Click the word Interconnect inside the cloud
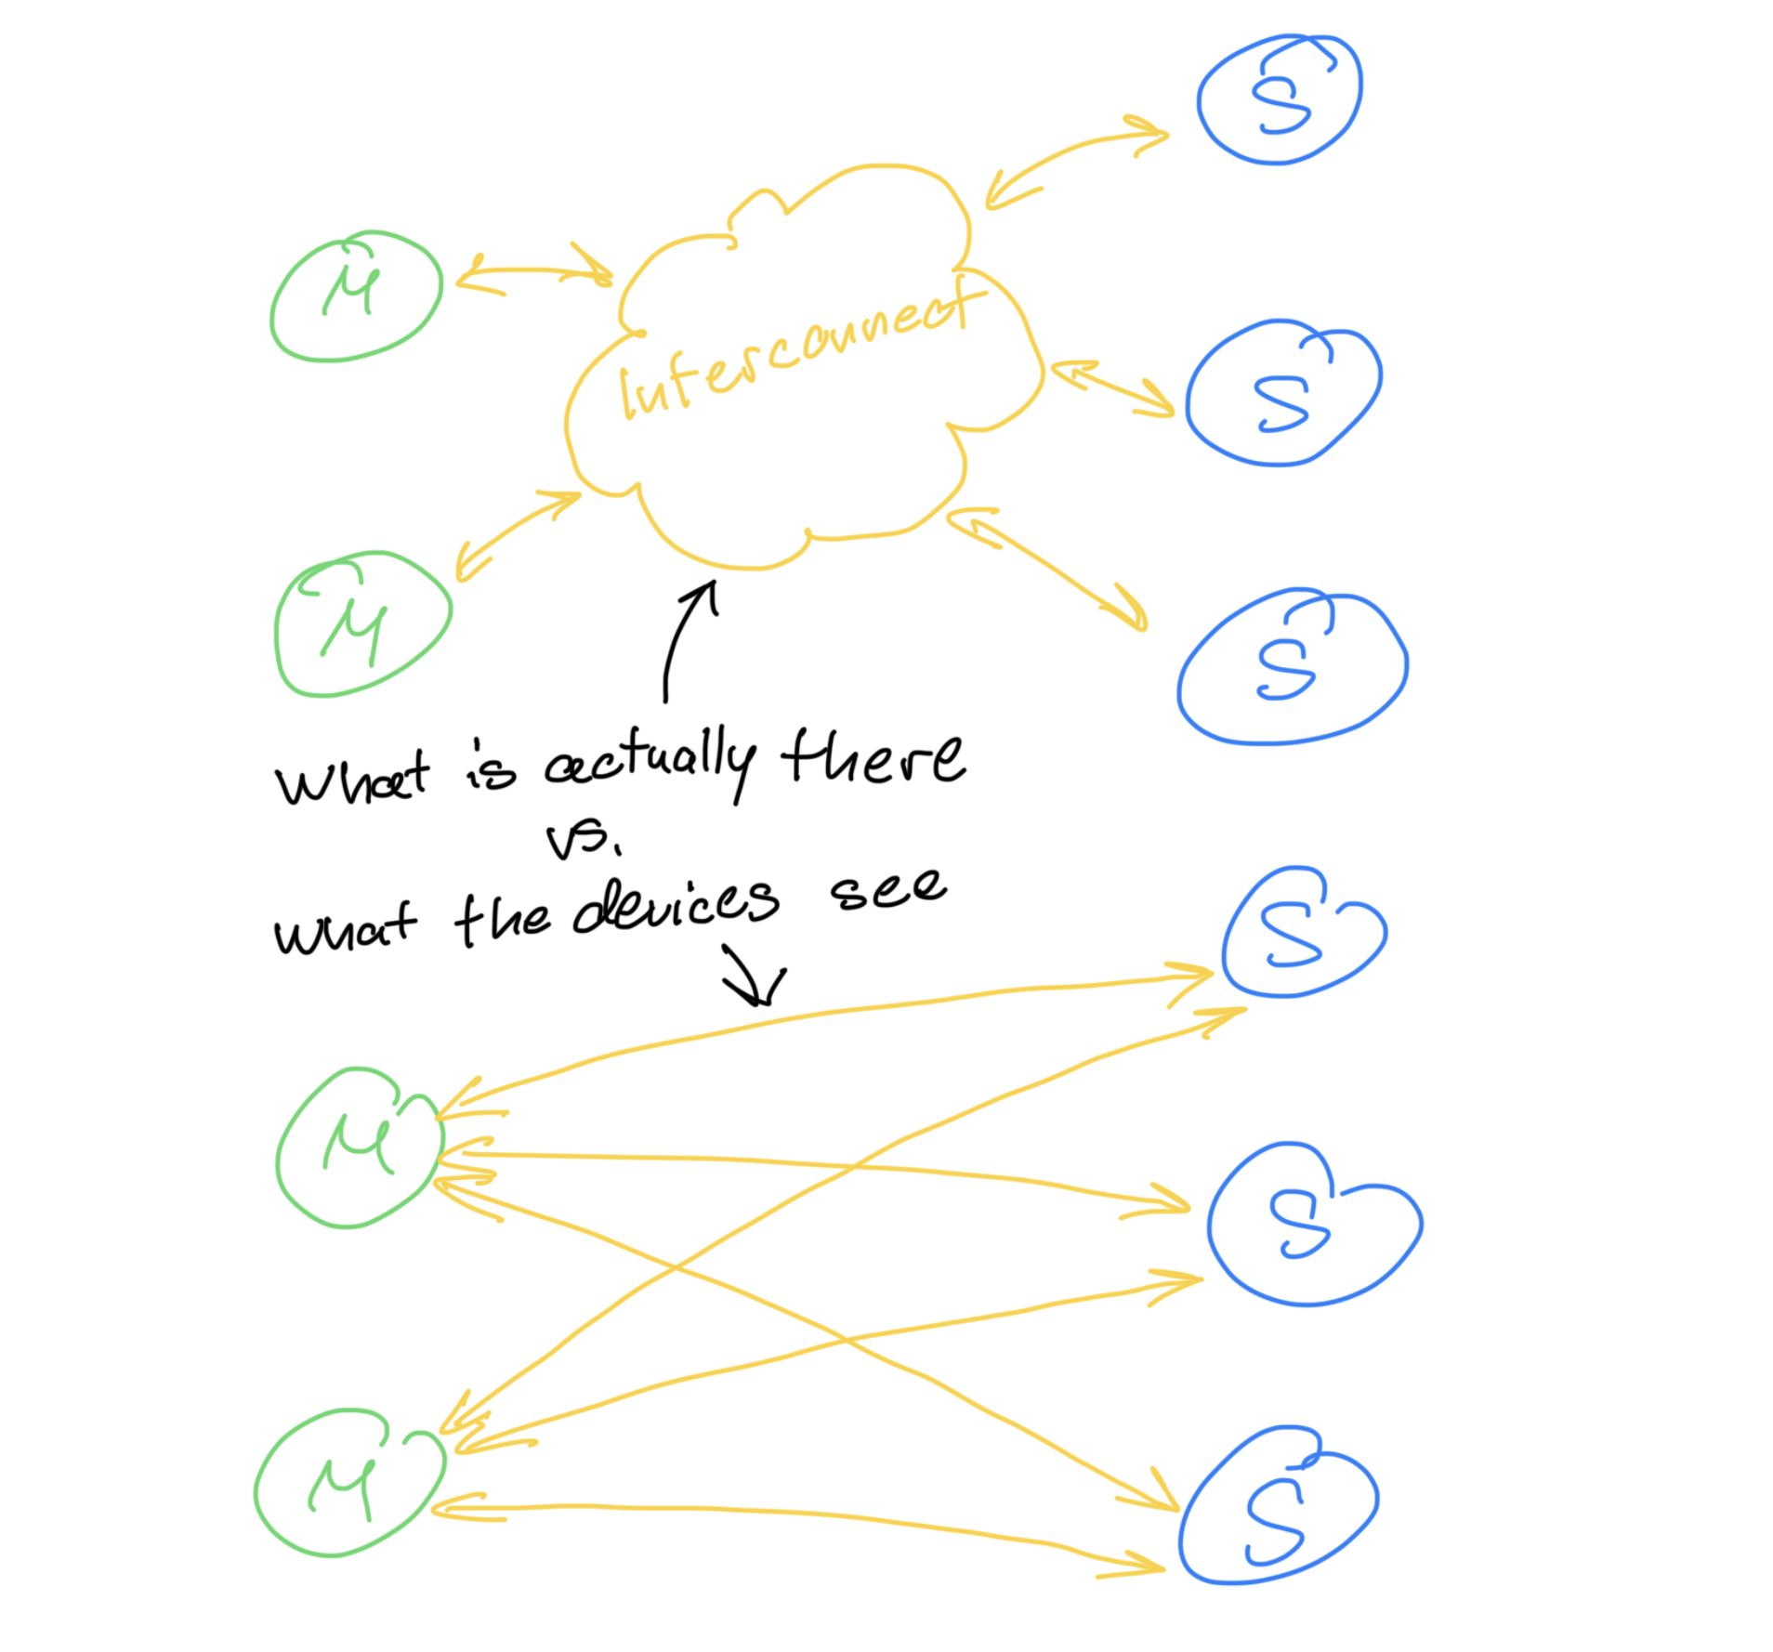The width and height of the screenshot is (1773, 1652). pyautogui.click(x=799, y=348)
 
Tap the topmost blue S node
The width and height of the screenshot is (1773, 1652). pyautogui.click(x=1280, y=99)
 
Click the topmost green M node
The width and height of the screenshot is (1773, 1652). pyautogui.click(x=356, y=295)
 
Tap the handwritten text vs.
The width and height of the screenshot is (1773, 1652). pyautogui.click(x=582, y=840)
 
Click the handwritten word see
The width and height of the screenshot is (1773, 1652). pyautogui.click(x=888, y=889)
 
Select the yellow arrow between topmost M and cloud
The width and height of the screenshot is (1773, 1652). pyautogui.click(x=533, y=271)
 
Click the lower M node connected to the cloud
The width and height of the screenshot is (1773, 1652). pyautogui.click(x=362, y=624)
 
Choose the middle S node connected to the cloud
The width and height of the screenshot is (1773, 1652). pyautogui.click(x=1283, y=393)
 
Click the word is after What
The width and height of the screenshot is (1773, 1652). pyautogui.click(x=490, y=770)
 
